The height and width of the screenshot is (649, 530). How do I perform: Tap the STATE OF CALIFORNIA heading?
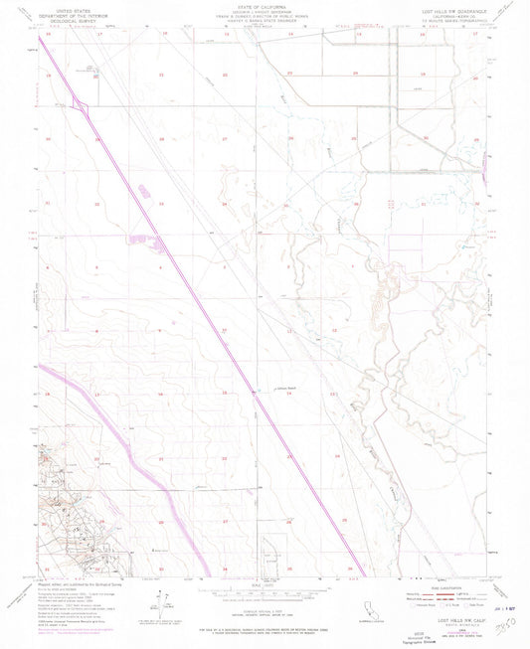coord(264,6)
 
